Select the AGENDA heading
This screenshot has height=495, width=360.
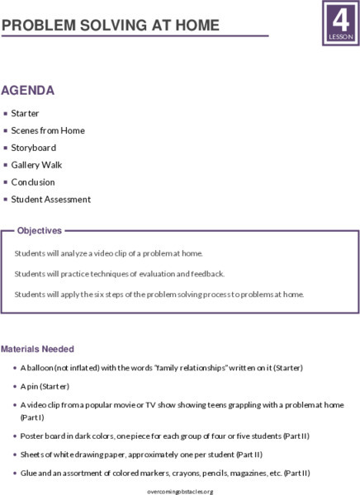click(28, 90)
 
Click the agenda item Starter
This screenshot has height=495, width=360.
click(25, 113)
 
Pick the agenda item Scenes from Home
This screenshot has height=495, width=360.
click(47, 130)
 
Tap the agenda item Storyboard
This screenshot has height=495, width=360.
click(33, 148)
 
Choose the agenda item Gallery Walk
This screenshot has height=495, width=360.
click(36, 165)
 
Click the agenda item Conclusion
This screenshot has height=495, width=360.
click(33, 182)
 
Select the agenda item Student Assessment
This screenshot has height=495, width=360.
click(50, 200)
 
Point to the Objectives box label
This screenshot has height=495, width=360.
click(40, 231)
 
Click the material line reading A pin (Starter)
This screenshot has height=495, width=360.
click(45, 386)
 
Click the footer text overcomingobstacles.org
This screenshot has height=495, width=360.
click(179, 491)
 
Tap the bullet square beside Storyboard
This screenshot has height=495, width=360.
click(5, 148)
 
